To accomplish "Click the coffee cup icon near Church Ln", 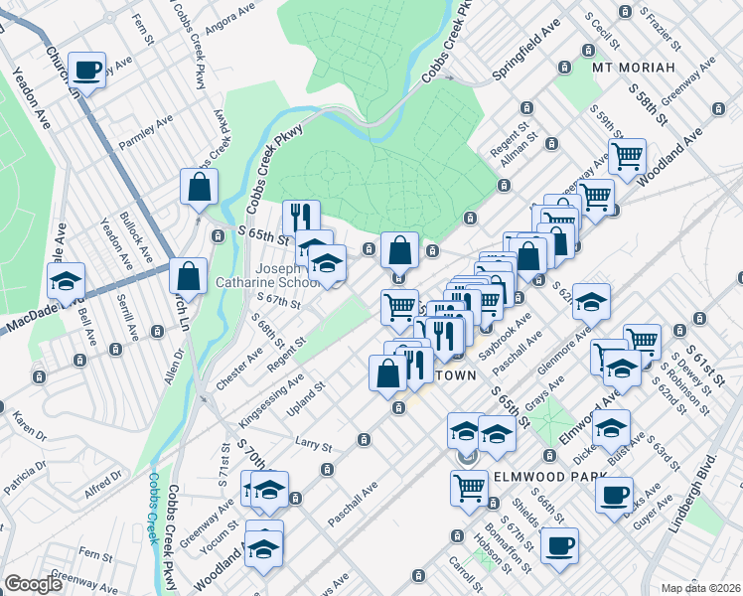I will coord(87,69).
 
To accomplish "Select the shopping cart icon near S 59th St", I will coord(627,155).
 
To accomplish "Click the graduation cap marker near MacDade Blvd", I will coord(67,281).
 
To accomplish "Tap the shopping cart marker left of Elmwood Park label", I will coord(468,487).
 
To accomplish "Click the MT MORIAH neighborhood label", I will coord(633,68).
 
